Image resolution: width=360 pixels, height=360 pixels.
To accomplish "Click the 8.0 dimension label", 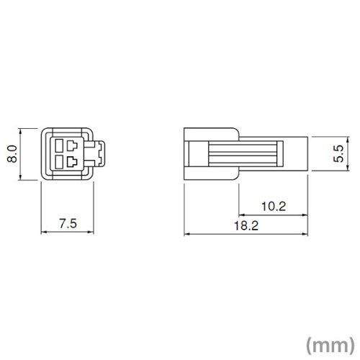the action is pyautogui.click(x=12, y=154).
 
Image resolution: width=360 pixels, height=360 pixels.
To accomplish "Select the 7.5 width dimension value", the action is pyautogui.click(x=68, y=224).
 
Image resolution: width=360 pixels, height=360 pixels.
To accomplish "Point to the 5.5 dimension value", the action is pyautogui.click(x=339, y=154).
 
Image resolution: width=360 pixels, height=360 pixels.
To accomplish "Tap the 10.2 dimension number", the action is pyautogui.click(x=274, y=207).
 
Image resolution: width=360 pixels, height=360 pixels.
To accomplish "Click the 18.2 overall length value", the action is pyautogui.click(x=246, y=226).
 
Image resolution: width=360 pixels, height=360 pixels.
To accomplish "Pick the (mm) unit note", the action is pyautogui.click(x=330, y=345).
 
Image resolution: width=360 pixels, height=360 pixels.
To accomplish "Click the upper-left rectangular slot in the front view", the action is pyautogui.click(x=58, y=145).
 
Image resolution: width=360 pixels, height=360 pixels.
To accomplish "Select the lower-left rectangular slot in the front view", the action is pyautogui.click(x=58, y=162).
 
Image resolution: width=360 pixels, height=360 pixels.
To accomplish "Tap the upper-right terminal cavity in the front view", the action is pyautogui.click(x=72, y=145).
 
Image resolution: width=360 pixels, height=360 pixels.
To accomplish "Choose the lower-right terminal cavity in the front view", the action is pyautogui.click(x=72, y=162).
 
